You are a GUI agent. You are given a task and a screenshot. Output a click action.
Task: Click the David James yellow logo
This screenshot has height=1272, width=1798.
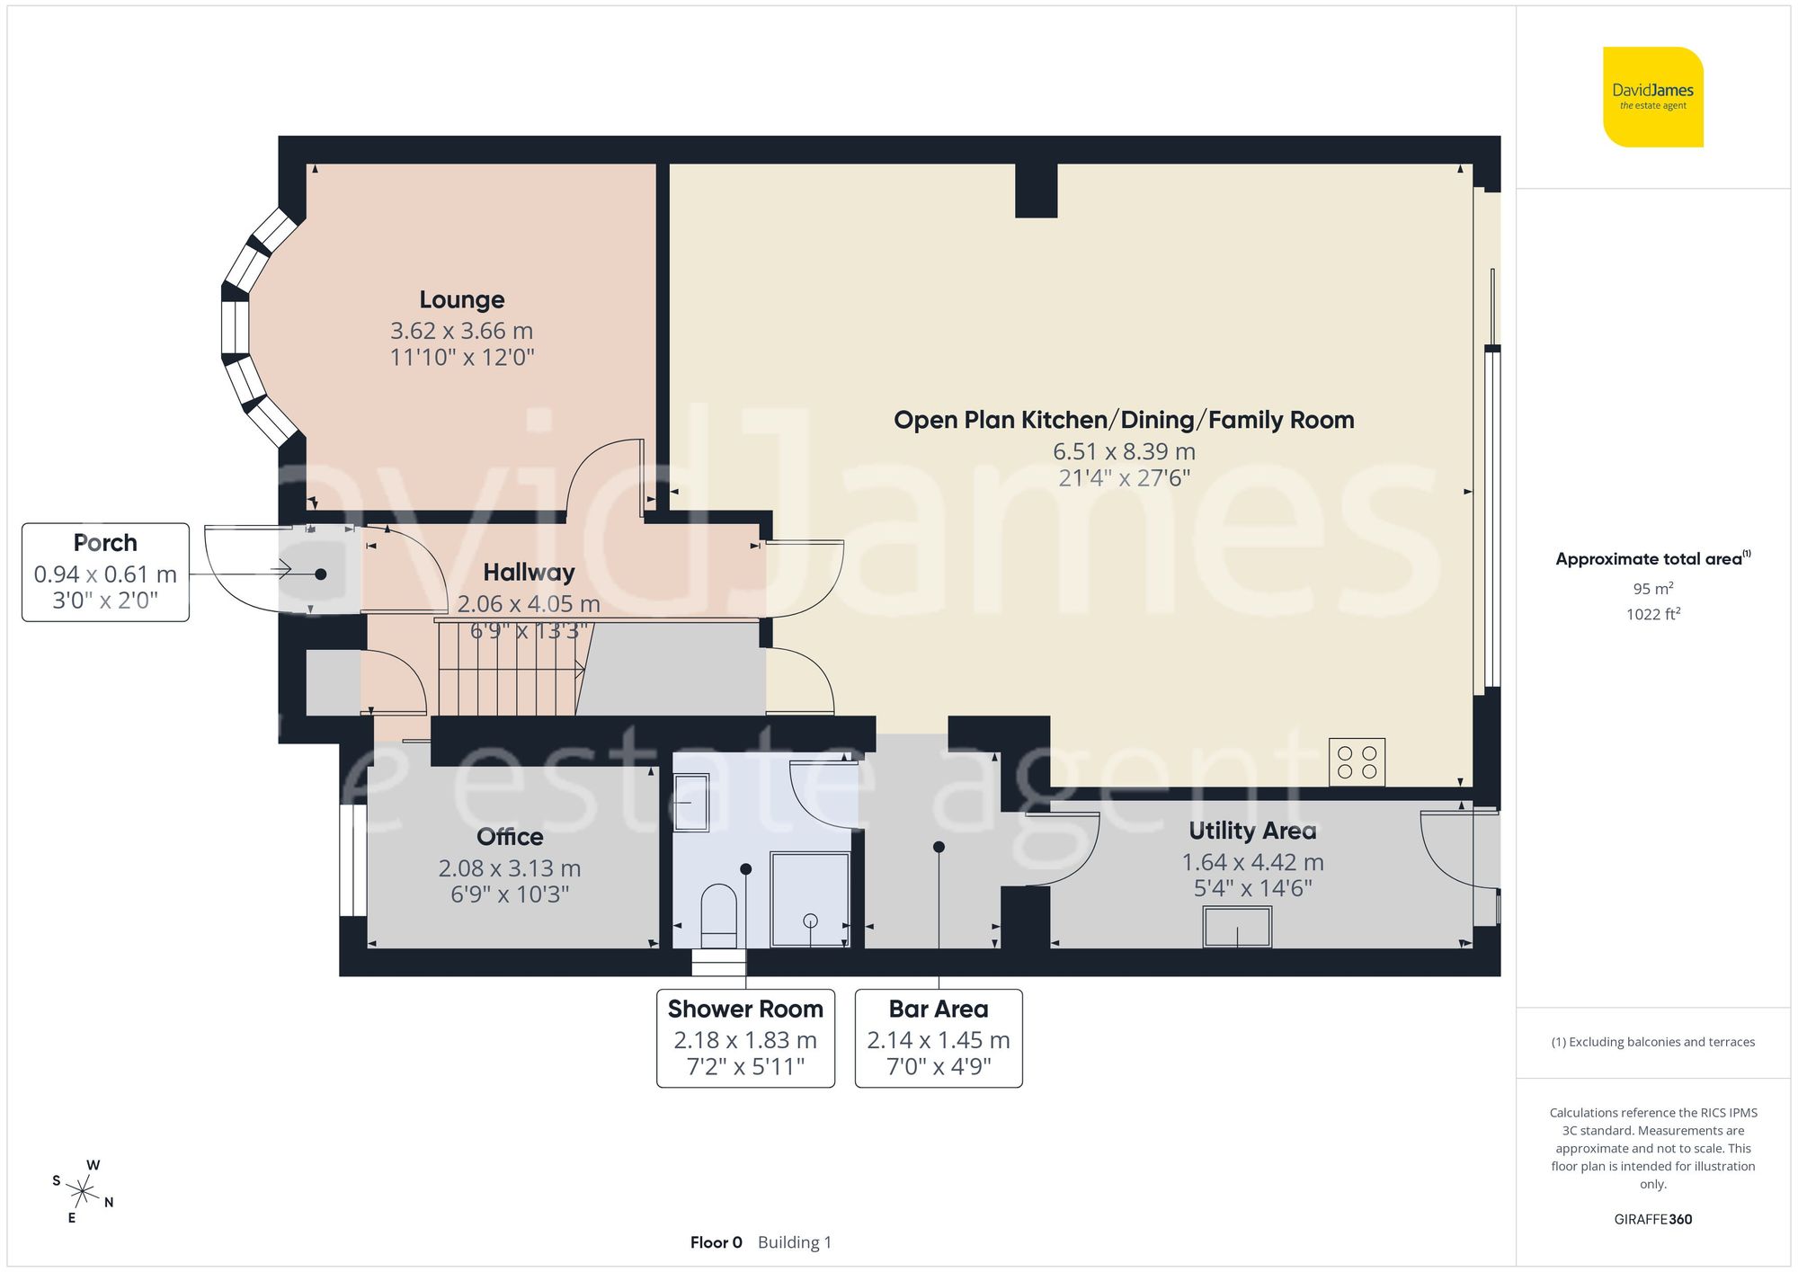[1652, 97]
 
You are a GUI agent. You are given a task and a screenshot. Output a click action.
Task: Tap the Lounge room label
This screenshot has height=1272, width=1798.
[462, 299]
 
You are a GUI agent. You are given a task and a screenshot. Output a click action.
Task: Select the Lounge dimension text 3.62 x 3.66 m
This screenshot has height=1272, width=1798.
[462, 331]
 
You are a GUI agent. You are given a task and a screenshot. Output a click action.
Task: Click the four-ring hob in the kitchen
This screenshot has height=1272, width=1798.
[1357, 762]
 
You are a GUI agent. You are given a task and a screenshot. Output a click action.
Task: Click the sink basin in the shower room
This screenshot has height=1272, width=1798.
[691, 803]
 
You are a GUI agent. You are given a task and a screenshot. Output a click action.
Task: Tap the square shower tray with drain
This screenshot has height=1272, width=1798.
[810, 899]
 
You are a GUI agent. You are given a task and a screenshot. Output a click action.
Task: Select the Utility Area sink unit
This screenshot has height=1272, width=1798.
[1237, 927]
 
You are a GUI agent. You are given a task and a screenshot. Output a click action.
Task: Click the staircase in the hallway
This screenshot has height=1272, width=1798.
[508, 669]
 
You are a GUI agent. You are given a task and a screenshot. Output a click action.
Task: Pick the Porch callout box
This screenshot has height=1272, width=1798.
[105, 572]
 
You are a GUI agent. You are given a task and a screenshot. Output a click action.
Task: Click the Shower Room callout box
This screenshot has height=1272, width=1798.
[745, 1038]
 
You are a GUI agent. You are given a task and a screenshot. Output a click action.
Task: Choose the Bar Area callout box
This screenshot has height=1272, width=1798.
[939, 1038]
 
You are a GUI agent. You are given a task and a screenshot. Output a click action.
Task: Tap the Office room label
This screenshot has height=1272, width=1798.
[510, 837]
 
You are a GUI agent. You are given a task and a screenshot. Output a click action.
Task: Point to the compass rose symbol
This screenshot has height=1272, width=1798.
[83, 1193]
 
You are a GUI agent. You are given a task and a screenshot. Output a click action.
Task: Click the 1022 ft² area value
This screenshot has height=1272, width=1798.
[1652, 615]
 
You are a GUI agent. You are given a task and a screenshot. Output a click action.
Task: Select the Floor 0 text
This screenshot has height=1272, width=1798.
[716, 1242]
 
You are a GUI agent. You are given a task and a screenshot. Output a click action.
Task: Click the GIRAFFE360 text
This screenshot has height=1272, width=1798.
[1652, 1220]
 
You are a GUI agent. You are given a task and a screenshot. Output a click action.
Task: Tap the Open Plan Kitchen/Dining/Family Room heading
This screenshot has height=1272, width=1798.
[1124, 420]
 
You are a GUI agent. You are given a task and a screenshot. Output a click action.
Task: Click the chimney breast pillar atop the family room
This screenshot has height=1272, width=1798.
[1036, 190]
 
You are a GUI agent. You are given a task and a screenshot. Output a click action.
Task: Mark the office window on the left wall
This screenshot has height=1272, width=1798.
[352, 860]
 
